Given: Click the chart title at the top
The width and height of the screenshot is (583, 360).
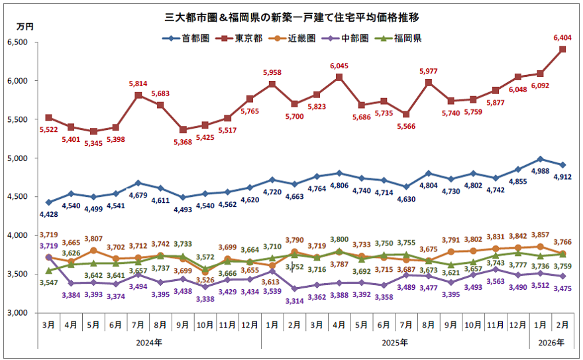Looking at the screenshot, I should point(291,14).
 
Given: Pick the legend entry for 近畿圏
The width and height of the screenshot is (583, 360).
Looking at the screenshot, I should point(304,38).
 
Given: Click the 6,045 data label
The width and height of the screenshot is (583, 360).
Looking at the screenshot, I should point(339,66).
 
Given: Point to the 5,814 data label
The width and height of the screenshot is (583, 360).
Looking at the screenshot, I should point(138,84).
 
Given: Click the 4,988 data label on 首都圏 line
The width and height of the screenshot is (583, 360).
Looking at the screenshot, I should point(541,172).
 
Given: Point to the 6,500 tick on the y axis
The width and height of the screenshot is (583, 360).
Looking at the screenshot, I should point(25,42).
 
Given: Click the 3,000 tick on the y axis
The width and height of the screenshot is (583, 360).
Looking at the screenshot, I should point(25,313).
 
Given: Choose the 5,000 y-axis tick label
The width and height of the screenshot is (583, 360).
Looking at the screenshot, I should point(25,158).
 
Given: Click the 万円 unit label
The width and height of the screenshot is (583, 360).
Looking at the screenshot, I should point(25,26).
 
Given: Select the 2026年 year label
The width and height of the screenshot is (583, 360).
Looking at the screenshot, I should point(551,343).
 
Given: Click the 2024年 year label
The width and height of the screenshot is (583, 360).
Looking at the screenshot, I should point(149,343).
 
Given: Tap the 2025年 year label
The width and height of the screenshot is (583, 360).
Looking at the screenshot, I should point(395,343).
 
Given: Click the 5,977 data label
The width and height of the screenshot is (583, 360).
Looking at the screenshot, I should point(429,72).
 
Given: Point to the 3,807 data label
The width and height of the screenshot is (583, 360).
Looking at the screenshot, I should point(93,239).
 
